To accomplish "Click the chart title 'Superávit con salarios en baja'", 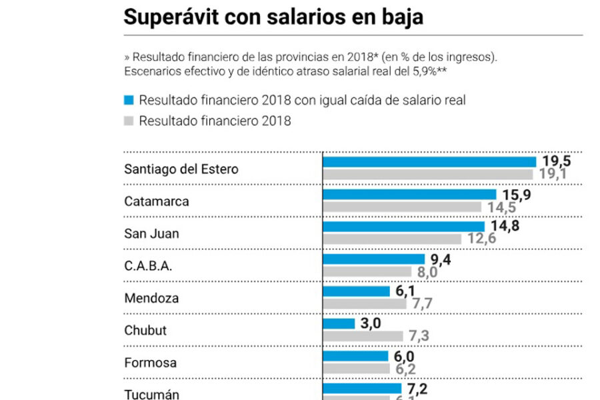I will (x=273, y=17).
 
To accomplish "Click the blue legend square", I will (x=129, y=100).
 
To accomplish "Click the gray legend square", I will (x=129, y=121).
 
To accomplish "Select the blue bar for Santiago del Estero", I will (x=429, y=162).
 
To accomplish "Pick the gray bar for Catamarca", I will (x=402, y=207).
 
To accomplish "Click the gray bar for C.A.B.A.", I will (x=367, y=271).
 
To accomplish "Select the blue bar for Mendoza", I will (x=356, y=291).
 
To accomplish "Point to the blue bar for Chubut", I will (x=339, y=323).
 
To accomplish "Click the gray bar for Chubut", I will (x=363, y=336).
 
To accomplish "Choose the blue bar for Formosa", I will (x=355, y=356).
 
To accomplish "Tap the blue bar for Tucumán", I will (x=362, y=388).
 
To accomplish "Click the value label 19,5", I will (x=557, y=161).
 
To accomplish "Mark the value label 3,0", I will (x=371, y=323).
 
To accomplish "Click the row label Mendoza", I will (x=151, y=298).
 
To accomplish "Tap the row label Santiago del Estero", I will (x=181, y=169).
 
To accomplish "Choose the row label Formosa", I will (x=151, y=363).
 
